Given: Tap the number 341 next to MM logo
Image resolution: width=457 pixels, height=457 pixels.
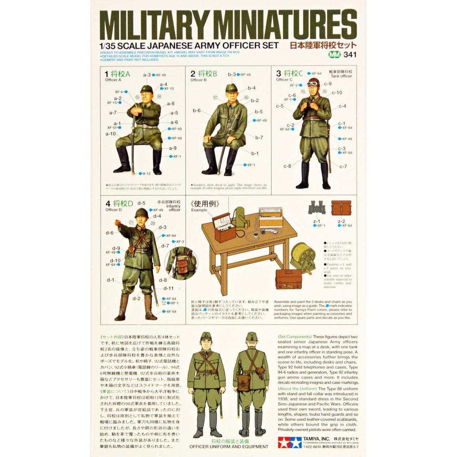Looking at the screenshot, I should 350,55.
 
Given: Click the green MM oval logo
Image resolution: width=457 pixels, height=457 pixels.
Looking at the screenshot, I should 334,55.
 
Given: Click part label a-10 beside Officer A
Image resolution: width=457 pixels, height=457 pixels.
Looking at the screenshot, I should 111,134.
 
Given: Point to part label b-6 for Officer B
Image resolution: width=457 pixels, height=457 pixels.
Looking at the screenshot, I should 197,111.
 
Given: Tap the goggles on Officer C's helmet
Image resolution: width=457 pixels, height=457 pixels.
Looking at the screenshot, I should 313,84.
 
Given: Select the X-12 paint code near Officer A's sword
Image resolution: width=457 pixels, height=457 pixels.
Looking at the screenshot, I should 146,174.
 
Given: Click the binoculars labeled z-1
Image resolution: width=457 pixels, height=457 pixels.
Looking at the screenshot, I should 316,208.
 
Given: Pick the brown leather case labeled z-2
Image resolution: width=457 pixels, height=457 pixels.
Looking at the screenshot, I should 341,208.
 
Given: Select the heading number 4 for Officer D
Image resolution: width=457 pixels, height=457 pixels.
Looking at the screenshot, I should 108,204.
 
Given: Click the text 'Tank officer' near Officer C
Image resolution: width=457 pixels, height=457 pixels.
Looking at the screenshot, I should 341,76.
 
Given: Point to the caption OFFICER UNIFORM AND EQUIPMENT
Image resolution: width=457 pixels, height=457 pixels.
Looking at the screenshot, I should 229,447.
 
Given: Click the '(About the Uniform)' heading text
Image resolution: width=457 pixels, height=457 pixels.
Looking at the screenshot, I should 297,389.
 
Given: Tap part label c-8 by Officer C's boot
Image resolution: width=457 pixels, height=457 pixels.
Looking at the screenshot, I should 287,166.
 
